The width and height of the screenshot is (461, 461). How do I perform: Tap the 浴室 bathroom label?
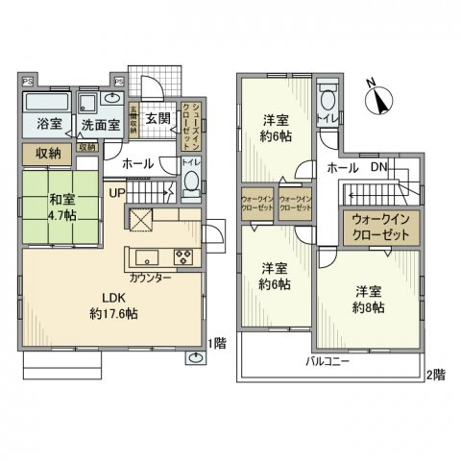pyautogui.click(x=48, y=124)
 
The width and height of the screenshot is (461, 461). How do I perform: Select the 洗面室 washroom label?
pyautogui.click(x=99, y=124)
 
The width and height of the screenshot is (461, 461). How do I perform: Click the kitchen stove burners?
pyautogui.click(x=182, y=256)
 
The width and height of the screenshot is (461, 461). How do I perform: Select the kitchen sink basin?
pyautogui.click(x=147, y=256)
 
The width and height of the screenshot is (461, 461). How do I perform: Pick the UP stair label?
pyautogui.click(x=117, y=193)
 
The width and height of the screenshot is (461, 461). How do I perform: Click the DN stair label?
pyautogui.click(x=379, y=167)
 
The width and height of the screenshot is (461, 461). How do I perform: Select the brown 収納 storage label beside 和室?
pyautogui.click(x=47, y=153)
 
